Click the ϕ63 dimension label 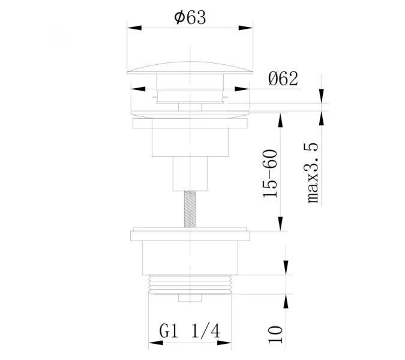190,17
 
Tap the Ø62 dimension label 283,79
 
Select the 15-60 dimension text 270,174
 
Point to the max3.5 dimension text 313,173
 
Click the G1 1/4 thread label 190,331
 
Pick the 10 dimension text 275,334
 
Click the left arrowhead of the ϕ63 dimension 134,28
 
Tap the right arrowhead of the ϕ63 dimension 245,28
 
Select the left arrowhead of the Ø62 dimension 138,89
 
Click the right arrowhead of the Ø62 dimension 242,89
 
